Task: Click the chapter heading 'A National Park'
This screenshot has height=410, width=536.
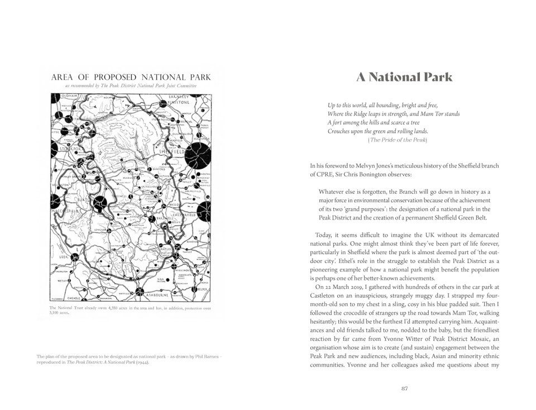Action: click(x=404, y=78)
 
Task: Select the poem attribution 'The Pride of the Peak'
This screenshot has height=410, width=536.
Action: click(x=398, y=140)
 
